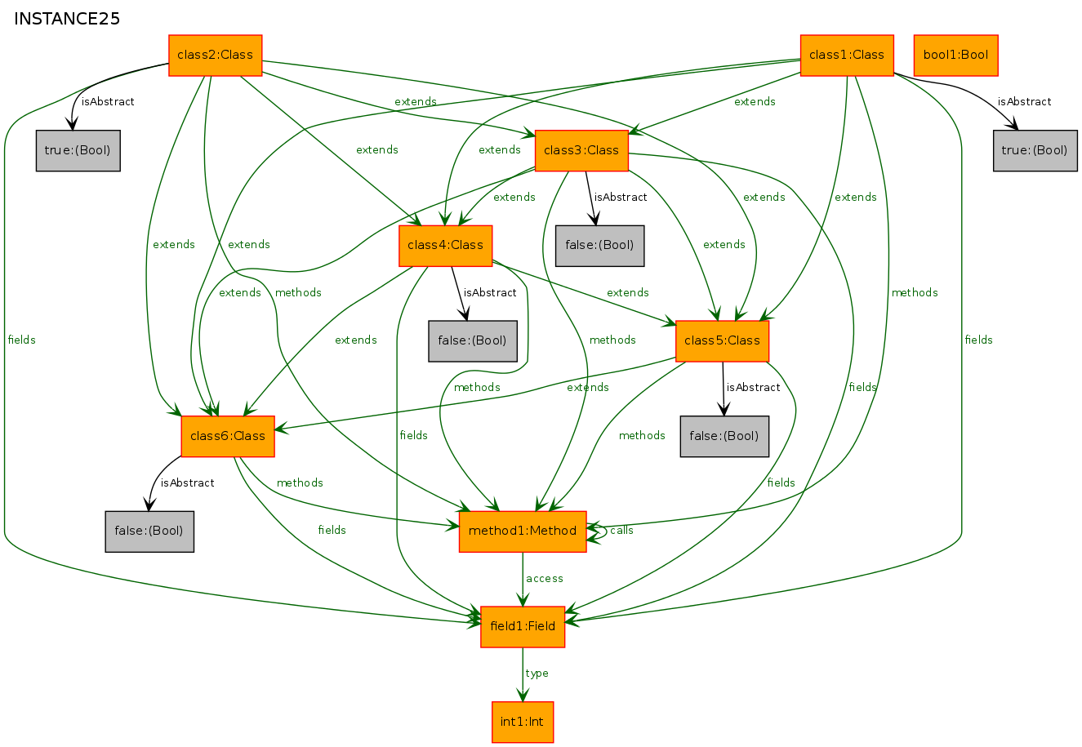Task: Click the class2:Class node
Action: (216, 55)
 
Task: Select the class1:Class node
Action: (848, 55)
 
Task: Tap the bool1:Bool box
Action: (956, 55)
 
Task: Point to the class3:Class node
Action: (581, 151)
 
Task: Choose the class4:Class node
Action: (445, 246)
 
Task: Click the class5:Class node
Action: (722, 341)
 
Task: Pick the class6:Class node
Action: (228, 437)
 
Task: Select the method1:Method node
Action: (523, 531)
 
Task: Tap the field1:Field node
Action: (523, 627)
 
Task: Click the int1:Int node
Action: (523, 723)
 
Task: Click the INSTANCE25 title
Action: (67, 19)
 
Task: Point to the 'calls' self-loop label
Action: (621, 531)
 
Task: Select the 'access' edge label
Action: (545, 579)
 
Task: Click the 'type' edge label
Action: (537, 674)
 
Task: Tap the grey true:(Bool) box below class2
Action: (78, 151)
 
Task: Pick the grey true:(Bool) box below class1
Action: (1035, 151)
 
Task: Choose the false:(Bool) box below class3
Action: (600, 246)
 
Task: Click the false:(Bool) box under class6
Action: (149, 531)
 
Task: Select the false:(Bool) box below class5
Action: (724, 437)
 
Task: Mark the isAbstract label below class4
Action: (490, 292)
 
